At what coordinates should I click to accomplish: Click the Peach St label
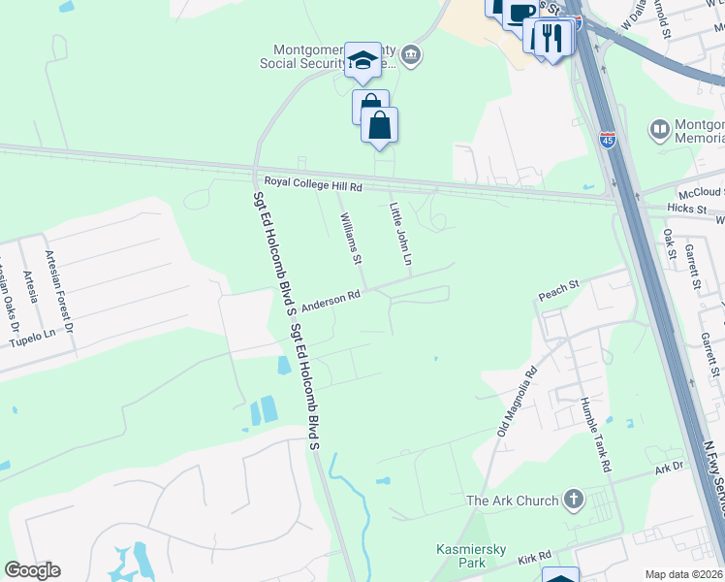tap(558, 285)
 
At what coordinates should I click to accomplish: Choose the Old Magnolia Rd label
tap(516, 400)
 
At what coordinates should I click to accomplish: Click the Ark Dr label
tap(669, 467)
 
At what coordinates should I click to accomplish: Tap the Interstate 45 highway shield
tap(608, 140)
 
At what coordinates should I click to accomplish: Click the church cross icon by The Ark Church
tap(574, 501)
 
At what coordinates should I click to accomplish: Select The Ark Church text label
tap(513, 501)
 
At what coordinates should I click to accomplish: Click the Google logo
tap(32, 570)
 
